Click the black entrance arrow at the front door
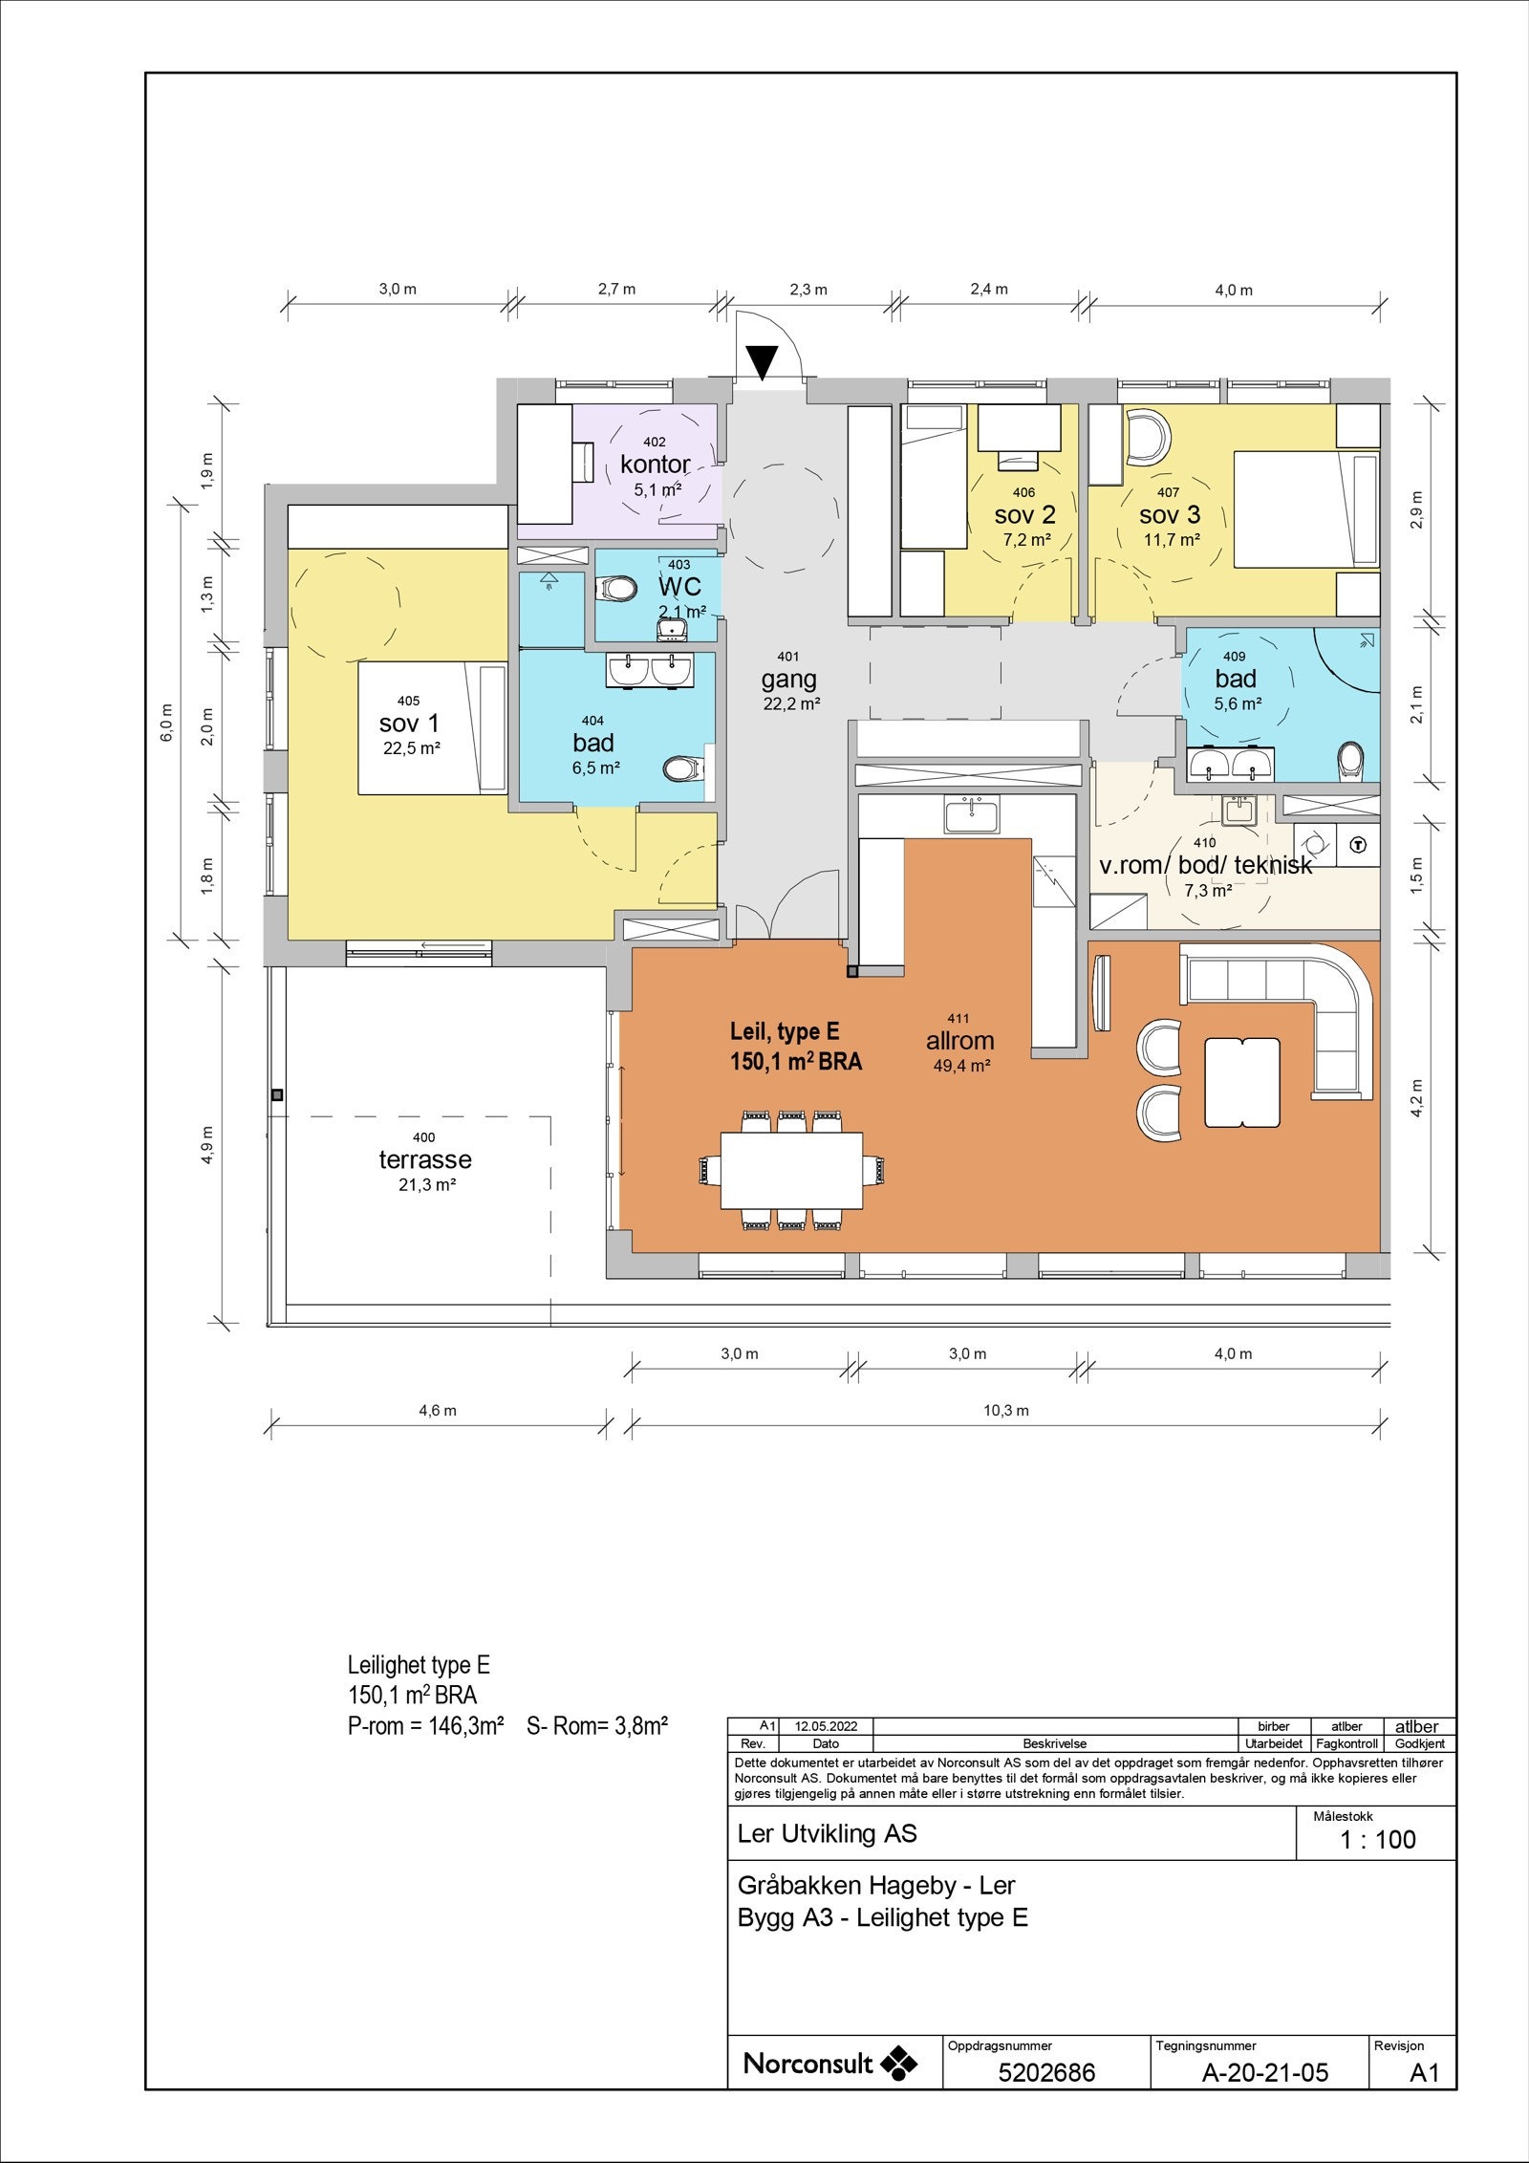[763, 362]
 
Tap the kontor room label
[655, 465]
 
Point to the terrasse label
[425, 1159]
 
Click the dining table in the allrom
[790, 1169]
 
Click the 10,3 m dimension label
[1008, 1410]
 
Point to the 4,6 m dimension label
[438, 1410]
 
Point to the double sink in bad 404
[649, 671]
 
